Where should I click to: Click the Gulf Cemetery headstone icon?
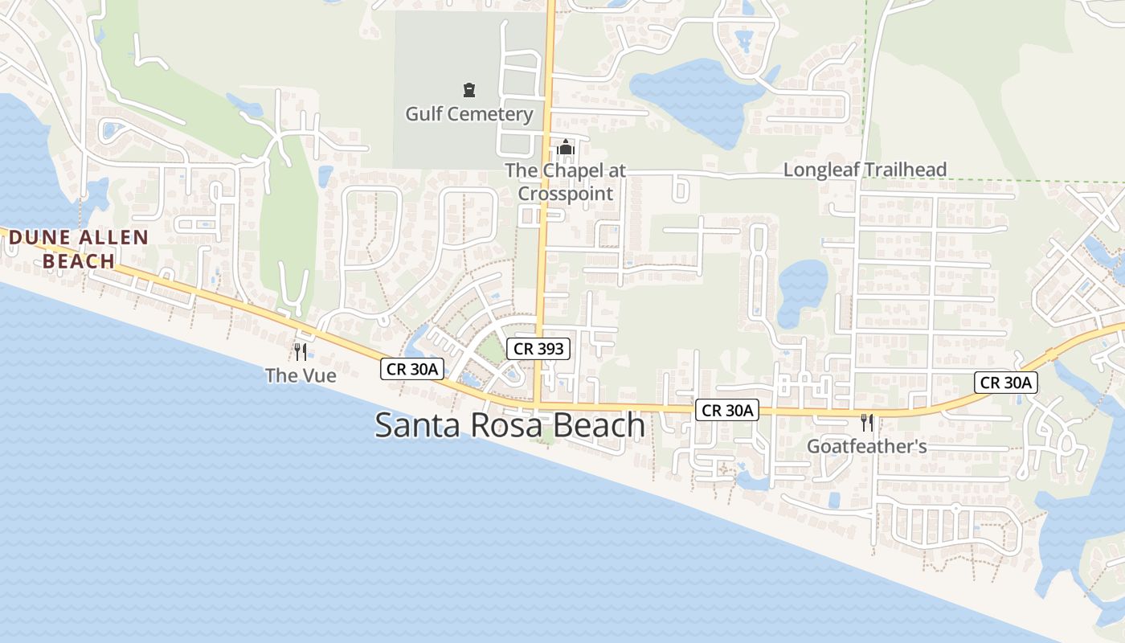tap(469, 90)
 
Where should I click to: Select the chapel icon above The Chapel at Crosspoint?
tap(566, 148)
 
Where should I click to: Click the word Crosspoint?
tap(565, 194)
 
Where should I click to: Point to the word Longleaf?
tap(820, 170)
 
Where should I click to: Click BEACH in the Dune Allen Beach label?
tap(79, 261)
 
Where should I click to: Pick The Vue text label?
tap(301, 375)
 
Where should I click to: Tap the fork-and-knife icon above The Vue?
tap(300, 351)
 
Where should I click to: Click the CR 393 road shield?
tap(538, 348)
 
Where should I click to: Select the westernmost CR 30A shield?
tap(411, 369)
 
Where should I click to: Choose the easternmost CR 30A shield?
tap(1006, 383)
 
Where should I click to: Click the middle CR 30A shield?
tap(727, 410)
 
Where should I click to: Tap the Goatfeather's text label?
tap(867, 446)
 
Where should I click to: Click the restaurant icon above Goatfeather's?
tap(866, 422)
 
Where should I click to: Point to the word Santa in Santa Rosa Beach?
tap(418, 425)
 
